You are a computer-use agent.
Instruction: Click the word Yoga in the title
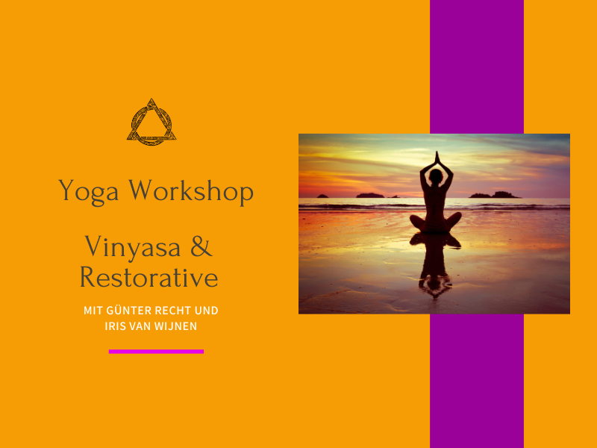(88, 191)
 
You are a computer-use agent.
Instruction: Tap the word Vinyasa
(133, 248)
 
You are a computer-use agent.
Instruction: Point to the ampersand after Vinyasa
(201, 246)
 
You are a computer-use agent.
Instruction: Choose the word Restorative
(149, 277)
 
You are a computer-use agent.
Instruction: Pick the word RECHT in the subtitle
(173, 311)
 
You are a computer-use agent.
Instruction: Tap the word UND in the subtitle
(207, 311)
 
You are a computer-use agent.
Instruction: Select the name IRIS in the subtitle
(113, 326)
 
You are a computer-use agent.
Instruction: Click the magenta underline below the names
(156, 352)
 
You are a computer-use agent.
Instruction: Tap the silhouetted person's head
(436, 175)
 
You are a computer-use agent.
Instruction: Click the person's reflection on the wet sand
(435, 266)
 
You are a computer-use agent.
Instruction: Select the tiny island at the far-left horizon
(322, 196)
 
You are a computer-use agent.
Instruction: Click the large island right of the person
(495, 195)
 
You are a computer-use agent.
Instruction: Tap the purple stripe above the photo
(477, 66)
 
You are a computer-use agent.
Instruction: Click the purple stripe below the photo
(477, 381)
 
